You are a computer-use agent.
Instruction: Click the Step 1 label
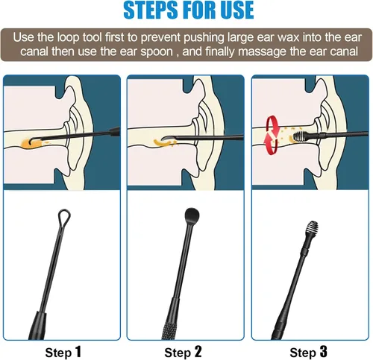click(63, 352)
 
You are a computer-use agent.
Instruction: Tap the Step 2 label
click(183, 352)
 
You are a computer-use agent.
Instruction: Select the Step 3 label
click(308, 352)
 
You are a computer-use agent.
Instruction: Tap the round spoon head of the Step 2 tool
click(192, 215)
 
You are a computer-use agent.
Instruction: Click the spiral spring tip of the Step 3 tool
click(312, 227)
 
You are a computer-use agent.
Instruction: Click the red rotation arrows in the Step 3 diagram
click(272, 136)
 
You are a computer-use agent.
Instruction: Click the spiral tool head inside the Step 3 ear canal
click(299, 136)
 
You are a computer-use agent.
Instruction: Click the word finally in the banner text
click(220, 52)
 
